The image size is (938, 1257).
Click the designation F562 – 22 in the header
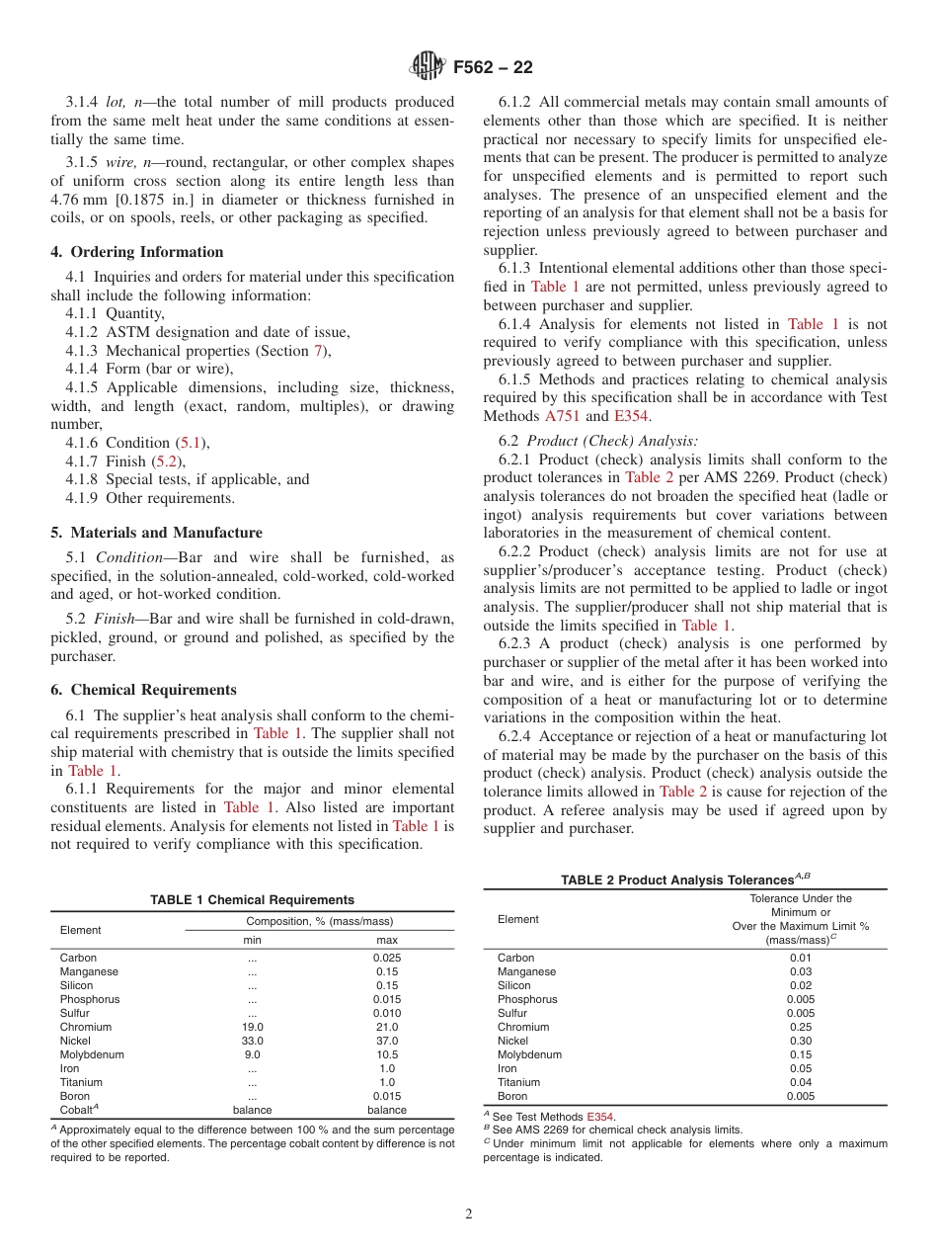[493, 68]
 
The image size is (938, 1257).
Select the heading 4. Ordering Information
[137, 252]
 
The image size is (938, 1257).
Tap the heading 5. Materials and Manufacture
[156, 533]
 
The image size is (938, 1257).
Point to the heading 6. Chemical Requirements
[143, 690]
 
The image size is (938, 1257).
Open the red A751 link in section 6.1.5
[563, 416]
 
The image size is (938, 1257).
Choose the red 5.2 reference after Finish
[167, 461]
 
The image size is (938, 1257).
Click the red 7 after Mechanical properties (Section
[318, 351]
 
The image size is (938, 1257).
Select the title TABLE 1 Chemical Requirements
[252, 900]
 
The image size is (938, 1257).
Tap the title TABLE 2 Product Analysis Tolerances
[684, 880]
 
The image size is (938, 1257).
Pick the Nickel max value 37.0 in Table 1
[387, 1041]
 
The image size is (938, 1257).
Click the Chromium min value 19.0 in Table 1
[253, 1027]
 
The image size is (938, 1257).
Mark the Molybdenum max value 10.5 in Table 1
[387, 1054]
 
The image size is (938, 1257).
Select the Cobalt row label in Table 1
[80, 1109]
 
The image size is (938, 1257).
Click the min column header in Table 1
[253, 940]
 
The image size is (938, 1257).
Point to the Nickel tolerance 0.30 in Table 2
[801, 1041]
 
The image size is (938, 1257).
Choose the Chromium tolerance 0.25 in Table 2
[801, 1027]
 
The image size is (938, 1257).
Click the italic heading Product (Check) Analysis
[612, 441]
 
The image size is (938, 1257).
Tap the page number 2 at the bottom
[469, 1215]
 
